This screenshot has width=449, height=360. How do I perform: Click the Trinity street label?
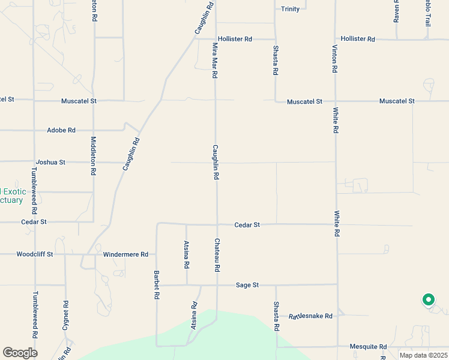click(291, 9)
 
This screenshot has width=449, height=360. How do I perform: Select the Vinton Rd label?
click(335, 59)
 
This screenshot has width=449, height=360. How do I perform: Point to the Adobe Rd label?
click(61, 130)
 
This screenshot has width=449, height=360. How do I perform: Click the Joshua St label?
click(50, 162)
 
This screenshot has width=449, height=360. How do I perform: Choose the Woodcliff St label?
click(35, 254)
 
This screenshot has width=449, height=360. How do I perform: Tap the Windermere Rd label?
click(125, 254)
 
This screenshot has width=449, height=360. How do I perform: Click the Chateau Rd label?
click(217, 255)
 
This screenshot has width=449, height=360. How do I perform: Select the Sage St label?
click(247, 285)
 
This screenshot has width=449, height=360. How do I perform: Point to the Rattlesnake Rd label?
click(310, 316)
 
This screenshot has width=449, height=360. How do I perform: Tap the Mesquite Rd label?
click(369, 347)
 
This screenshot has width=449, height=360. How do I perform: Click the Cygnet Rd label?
click(66, 313)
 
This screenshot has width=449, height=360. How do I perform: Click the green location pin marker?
click(428, 299)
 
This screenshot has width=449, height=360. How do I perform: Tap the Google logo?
click(20, 353)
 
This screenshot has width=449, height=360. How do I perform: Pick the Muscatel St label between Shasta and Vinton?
click(304, 102)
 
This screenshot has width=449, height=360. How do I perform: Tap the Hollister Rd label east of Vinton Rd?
click(357, 39)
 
